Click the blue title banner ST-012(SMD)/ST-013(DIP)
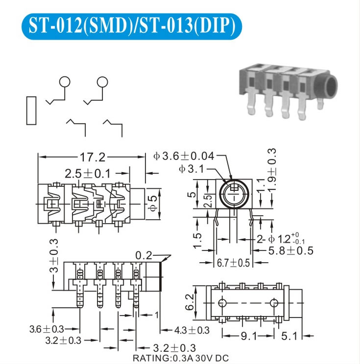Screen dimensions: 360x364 point(132,26)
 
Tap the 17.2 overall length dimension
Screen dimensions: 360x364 point(93,157)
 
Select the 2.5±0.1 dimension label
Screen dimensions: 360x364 point(88,174)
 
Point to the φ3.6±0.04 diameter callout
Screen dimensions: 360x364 point(184,156)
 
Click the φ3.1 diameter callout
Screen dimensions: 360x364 point(192,169)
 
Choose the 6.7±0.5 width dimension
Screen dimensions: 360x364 point(233,263)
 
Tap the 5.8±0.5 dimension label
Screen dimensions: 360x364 point(291,250)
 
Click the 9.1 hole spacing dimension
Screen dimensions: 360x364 point(248,336)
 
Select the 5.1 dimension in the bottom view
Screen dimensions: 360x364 point(289,336)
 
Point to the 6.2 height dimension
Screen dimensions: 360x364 point(190,302)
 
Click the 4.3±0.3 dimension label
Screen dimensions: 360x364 point(192,330)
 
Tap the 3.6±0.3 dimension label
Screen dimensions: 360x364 point(47,329)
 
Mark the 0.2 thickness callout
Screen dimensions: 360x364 point(144,255)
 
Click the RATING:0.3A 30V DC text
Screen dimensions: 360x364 point(181,358)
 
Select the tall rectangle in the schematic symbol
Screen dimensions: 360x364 point(31,111)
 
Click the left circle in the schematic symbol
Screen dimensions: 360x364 point(65,82)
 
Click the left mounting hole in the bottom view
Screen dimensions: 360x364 point(222,303)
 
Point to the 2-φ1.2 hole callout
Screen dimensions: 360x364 point(281,239)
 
